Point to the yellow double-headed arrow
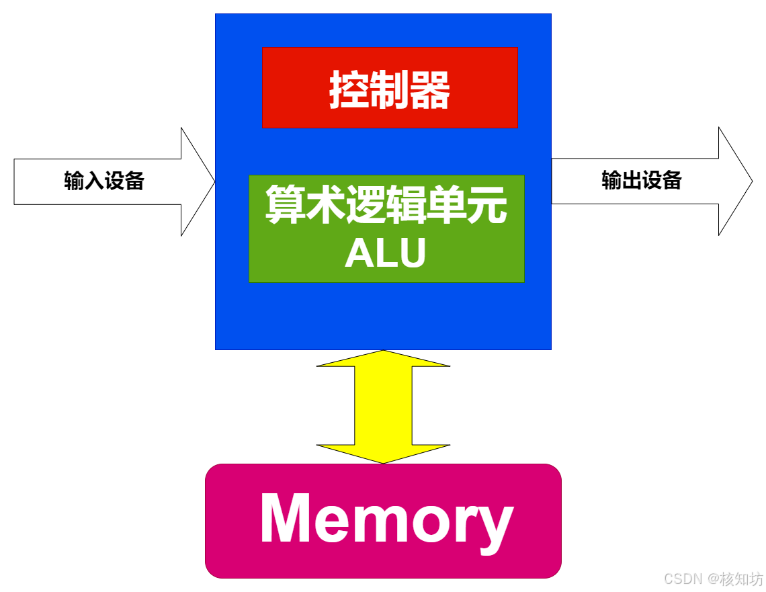pos(383,407)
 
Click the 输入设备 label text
pos(104,181)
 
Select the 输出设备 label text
pos(642,180)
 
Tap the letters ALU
pos(386,254)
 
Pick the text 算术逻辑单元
pos(386,205)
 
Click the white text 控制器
pos(390,90)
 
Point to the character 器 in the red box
pos(431,90)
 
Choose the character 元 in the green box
pos(487,205)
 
